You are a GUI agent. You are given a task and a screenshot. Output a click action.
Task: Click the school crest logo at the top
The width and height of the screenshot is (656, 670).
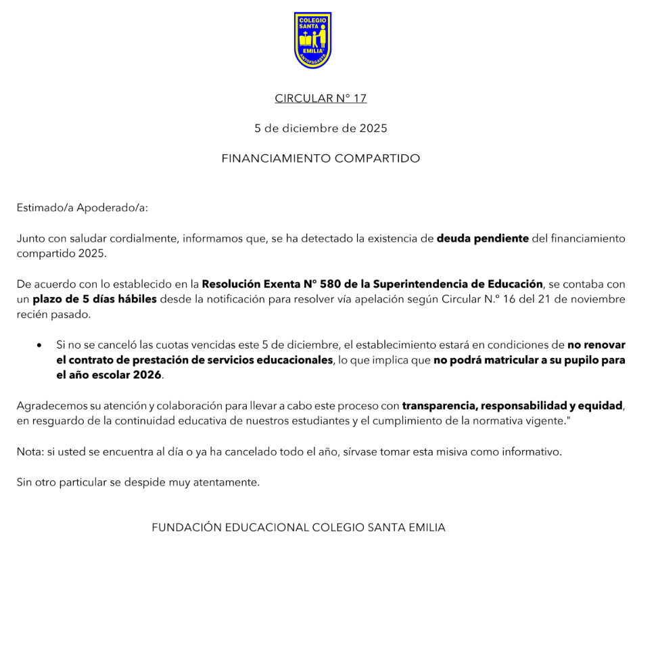(312, 40)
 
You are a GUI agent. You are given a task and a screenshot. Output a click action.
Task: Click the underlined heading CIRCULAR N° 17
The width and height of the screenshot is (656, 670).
(321, 98)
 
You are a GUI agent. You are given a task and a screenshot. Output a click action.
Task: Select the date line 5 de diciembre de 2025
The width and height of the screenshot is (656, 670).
(321, 128)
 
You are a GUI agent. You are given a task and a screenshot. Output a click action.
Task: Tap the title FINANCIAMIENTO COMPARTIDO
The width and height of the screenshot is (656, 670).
(321, 158)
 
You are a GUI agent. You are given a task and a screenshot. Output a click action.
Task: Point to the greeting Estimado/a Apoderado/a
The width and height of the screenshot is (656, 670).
(82, 208)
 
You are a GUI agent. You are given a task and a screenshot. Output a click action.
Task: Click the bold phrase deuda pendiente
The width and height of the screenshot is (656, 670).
(482, 238)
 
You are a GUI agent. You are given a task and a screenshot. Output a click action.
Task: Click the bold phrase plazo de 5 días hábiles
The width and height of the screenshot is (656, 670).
(95, 299)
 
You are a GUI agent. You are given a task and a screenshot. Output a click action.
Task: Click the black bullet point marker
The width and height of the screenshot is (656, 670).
(40, 345)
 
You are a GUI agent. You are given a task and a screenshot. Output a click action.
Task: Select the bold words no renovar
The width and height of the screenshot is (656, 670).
(596, 345)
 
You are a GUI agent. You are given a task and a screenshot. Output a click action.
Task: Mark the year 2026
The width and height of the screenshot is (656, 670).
(147, 375)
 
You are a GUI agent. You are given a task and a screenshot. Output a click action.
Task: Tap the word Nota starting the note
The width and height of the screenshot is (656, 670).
(29, 451)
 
